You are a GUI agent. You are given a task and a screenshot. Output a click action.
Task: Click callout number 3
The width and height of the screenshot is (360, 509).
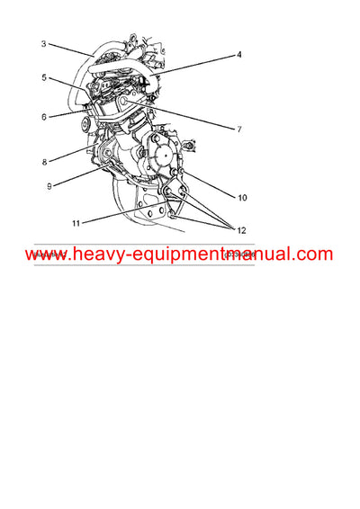point(43,43)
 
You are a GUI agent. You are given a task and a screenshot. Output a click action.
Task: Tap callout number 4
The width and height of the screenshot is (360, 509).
point(239,55)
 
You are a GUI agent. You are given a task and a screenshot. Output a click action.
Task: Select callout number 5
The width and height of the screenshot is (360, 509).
point(43,77)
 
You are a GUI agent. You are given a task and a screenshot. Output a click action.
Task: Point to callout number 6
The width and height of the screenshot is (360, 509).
point(43,115)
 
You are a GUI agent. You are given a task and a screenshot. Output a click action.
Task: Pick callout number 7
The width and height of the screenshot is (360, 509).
point(239,130)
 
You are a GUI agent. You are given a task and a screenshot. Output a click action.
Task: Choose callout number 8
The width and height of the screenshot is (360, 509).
point(43,163)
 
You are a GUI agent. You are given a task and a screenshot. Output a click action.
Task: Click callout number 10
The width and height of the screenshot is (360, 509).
point(242,196)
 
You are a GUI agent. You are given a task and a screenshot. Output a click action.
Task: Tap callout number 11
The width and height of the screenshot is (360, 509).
point(76,221)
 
